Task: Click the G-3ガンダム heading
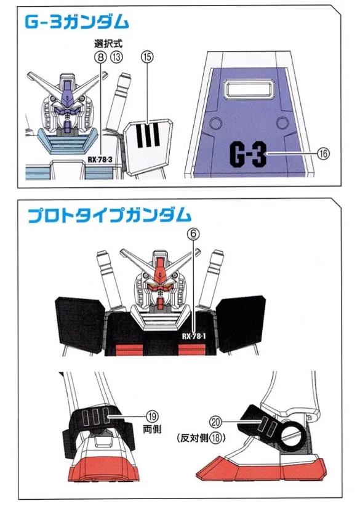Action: point(76,22)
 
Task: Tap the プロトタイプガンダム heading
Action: point(110,215)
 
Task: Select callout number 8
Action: point(101,57)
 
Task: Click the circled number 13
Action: point(117,57)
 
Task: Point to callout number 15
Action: point(146,57)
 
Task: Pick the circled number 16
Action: point(323,153)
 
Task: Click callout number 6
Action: point(193,233)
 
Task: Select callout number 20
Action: point(216,422)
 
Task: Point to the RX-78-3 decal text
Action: point(100,159)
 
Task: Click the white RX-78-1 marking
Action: point(194,336)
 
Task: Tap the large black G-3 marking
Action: point(248,154)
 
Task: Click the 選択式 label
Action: point(108,44)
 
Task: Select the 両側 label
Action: point(152,430)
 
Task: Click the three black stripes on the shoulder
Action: point(148,135)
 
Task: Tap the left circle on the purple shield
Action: point(215,124)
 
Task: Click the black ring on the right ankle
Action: point(293,435)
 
